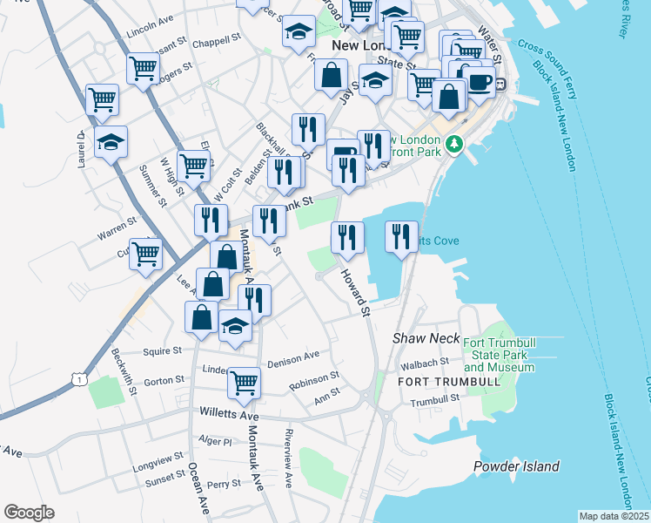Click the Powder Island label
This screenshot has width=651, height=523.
click(x=516, y=466)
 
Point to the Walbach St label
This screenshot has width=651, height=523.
click(x=424, y=362)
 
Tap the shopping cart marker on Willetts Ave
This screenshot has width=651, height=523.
click(x=244, y=382)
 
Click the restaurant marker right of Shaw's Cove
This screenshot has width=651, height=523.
click(x=401, y=235)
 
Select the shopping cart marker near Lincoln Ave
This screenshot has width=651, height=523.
click(x=143, y=68)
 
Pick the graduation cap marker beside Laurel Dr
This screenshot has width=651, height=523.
click(x=111, y=141)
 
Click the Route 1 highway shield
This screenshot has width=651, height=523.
click(x=80, y=379)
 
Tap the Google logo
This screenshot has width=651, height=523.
click(x=29, y=513)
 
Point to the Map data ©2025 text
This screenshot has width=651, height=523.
click(x=614, y=516)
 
